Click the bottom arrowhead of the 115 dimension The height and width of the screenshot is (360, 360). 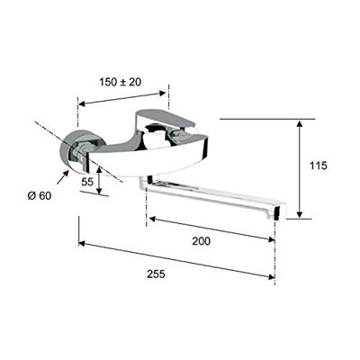tap(300, 215)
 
